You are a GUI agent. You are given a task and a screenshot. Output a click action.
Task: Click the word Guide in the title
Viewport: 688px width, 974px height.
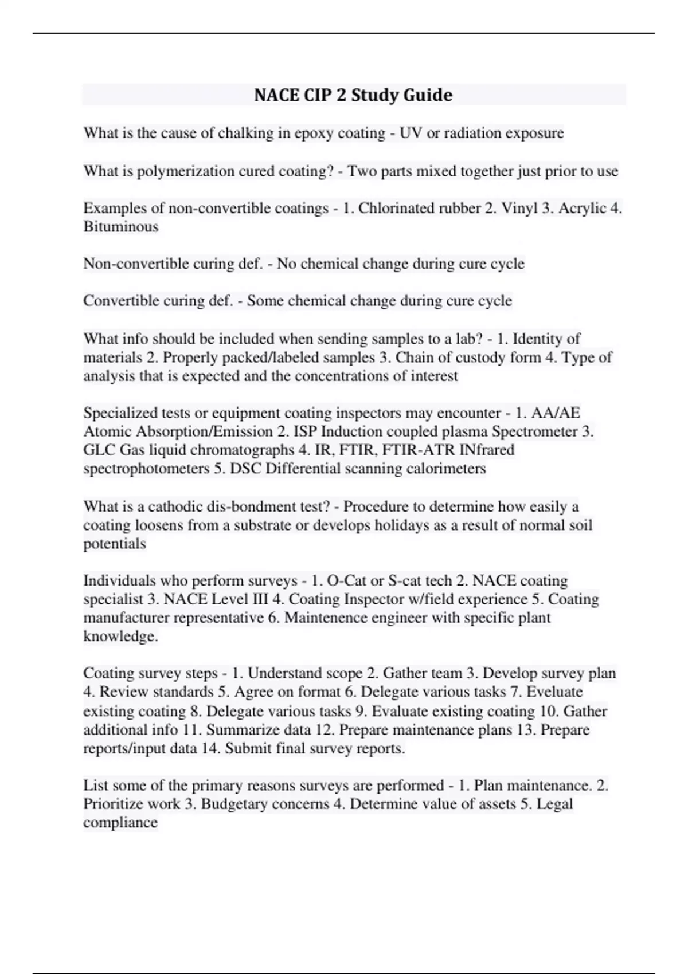pos(428,95)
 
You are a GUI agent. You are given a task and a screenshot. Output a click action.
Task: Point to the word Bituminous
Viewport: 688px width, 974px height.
pos(120,227)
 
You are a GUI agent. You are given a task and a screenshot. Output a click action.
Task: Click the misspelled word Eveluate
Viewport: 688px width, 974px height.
pos(554,692)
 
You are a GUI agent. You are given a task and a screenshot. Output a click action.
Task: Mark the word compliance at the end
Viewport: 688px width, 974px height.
pos(120,823)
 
